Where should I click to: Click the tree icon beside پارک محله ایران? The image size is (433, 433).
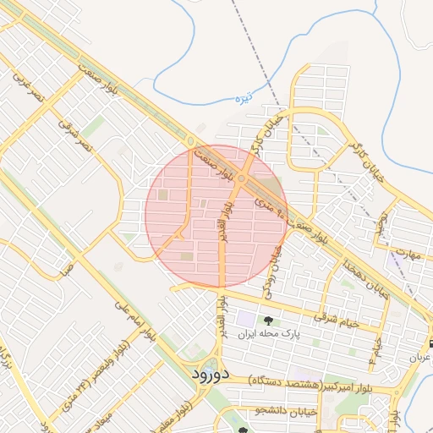pos(269,321)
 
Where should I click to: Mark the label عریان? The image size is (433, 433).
pos(420,358)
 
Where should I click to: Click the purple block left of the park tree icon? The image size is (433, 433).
pos(246,321)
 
